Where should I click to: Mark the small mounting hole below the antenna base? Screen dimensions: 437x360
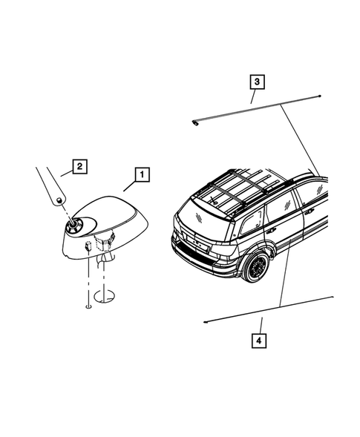(x=88, y=304)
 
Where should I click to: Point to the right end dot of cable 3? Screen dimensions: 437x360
(x=319, y=97)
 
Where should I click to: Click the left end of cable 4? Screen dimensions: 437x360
(x=205, y=323)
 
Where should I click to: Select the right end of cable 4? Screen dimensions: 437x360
(x=332, y=298)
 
